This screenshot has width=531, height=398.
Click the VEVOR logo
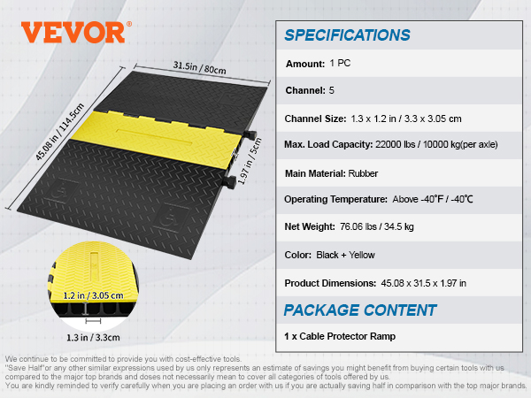click(x=74, y=32)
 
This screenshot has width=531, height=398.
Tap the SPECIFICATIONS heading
click(x=348, y=35)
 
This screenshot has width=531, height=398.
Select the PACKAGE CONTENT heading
click(x=360, y=310)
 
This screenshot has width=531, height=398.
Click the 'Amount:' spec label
click(x=305, y=64)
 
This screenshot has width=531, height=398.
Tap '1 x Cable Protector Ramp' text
click(x=341, y=336)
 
